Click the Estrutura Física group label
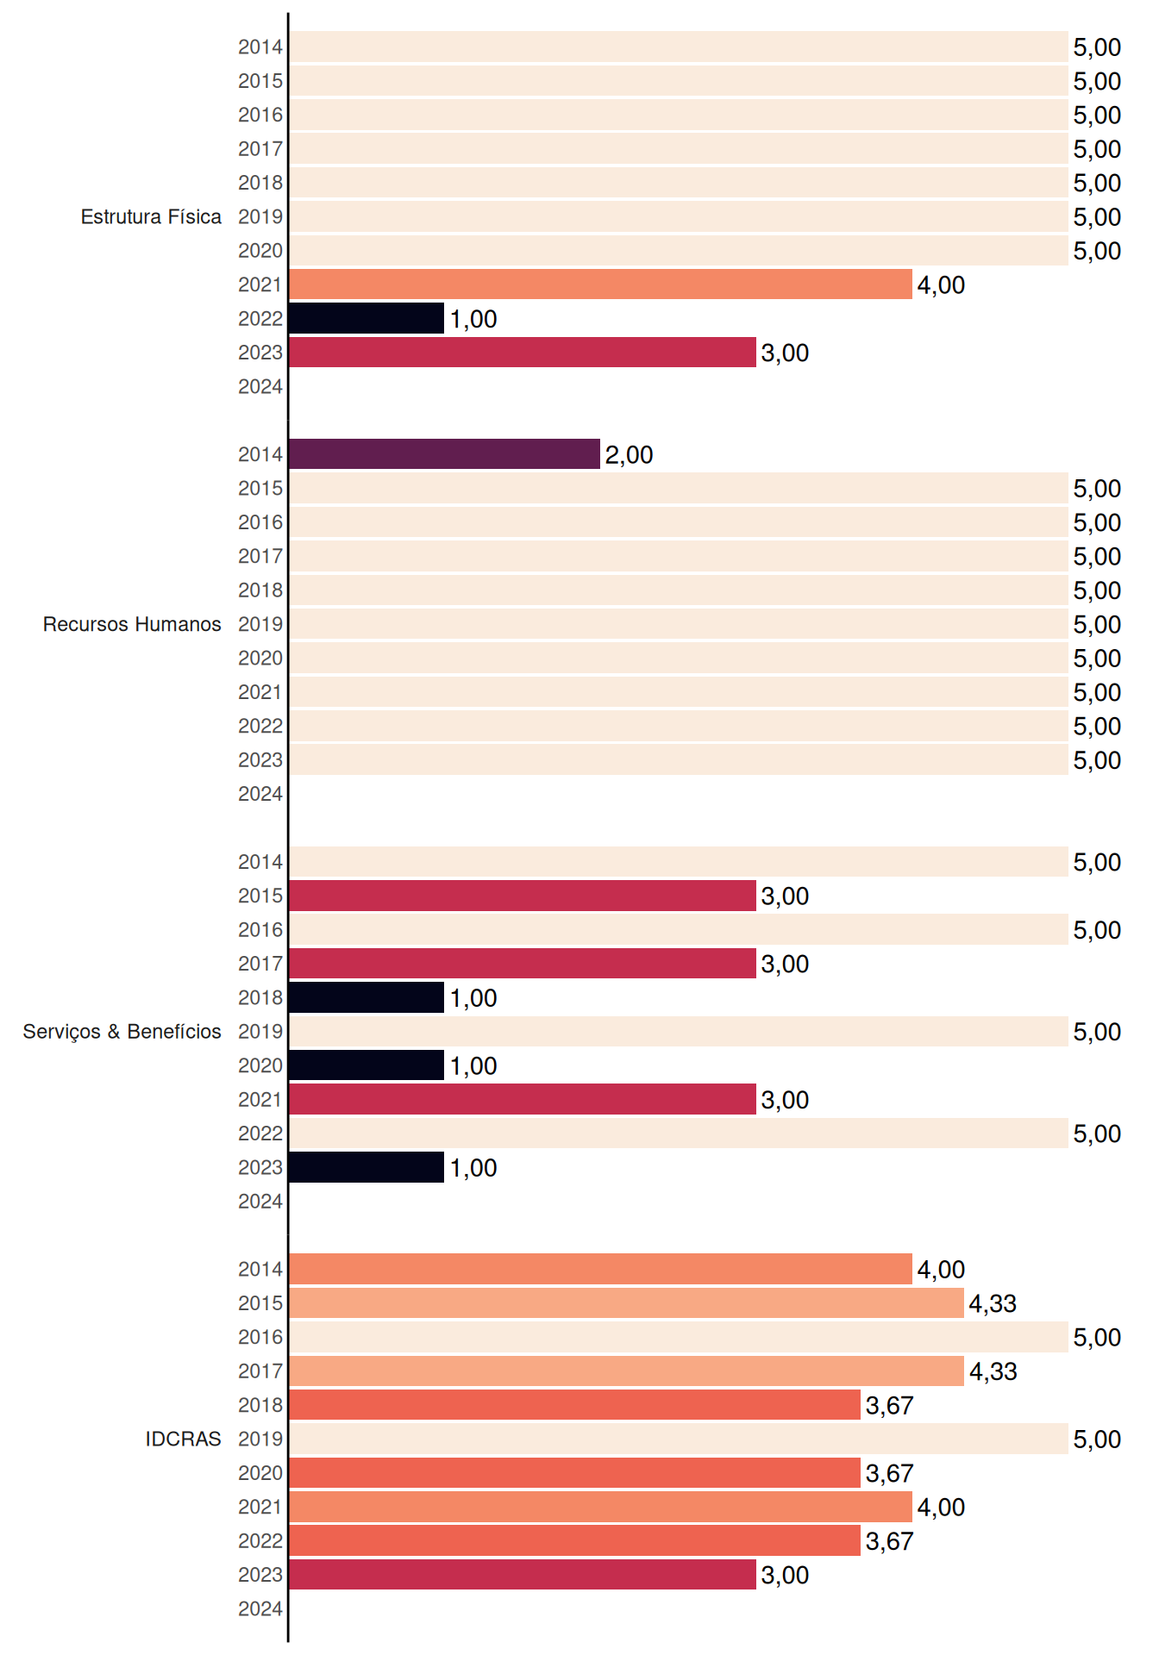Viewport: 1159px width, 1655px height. [x=151, y=216]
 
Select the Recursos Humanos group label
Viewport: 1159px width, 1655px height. [x=132, y=624]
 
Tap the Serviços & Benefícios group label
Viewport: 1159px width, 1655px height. [x=122, y=1032]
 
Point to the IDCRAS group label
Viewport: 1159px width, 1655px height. [x=183, y=1439]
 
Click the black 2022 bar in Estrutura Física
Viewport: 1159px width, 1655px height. [x=366, y=318]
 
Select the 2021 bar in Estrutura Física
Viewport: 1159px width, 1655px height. [x=600, y=284]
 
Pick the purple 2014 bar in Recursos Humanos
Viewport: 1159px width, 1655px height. [x=444, y=454]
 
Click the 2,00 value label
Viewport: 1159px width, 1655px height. [x=629, y=455]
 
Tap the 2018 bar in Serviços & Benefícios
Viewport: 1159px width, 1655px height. [x=366, y=997]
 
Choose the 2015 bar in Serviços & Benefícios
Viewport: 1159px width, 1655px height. [x=523, y=896]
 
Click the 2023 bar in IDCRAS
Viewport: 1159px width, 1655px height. [x=523, y=1575]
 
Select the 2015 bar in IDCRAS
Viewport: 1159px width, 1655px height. [x=626, y=1303]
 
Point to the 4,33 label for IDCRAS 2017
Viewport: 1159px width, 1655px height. [x=993, y=1371]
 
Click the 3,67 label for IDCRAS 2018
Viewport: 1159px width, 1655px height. [x=889, y=1406]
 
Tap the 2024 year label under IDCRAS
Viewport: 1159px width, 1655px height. [x=260, y=1608]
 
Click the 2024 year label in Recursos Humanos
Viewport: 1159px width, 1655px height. [x=260, y=794]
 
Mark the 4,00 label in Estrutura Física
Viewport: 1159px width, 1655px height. [x=941, y=285]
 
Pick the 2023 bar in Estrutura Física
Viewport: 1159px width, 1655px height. [x=523, y=353]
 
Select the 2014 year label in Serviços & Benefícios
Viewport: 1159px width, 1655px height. [x=260, y=862]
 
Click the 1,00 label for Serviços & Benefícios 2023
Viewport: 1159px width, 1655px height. [x=473, y=1168]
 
